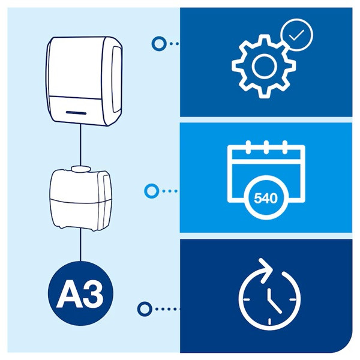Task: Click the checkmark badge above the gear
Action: (x=296, y=35)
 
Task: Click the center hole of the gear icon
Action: (x=264, y=66)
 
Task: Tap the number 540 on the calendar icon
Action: (x=266, y=198)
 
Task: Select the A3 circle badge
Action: (x=80, y=293)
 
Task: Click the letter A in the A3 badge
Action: (x=69, y=295)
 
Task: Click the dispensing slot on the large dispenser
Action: (x=76, y=113)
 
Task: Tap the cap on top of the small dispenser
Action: (x=81, y=169)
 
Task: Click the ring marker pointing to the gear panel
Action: (x=158, y=44)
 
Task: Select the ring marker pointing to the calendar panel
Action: (x=152, y=191)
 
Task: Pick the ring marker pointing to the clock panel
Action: (x=145, y=309)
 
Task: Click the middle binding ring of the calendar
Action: (x=266, y=147)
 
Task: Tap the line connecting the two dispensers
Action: (x=80, y=145)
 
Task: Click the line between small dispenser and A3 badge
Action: (x=80, y=245)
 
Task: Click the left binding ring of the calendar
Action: (x=248, y=147)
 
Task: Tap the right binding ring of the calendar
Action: (x=284, y=147)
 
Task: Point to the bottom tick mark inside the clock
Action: (x=269, y=322)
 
